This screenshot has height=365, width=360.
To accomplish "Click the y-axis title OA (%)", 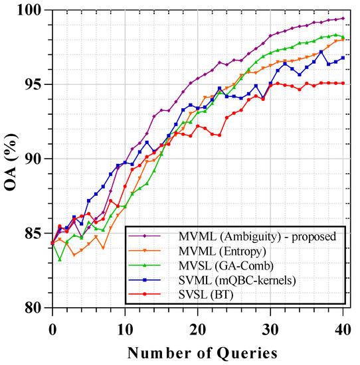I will point(11,159).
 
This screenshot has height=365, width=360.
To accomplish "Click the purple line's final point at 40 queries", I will point(343,19).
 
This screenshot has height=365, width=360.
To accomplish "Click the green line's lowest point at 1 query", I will point(60,259).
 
